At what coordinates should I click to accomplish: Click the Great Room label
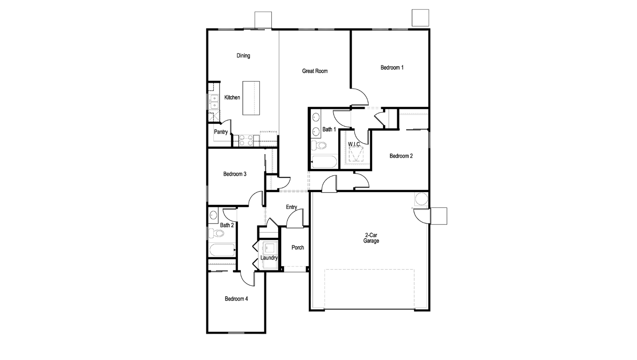coord(315,71)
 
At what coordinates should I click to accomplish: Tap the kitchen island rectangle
coord(251,98)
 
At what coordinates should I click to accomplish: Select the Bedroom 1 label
coord(392,68)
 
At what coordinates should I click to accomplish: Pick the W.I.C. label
coord(355,144)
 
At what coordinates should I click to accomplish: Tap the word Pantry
coord(221,132)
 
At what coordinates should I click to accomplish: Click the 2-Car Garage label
coord(371,238)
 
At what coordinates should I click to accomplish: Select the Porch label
coord(298,247)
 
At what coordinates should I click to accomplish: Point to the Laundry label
coord(269,258)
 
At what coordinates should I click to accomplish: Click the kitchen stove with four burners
coord(246,140)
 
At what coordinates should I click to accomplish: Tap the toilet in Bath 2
coord(216,233)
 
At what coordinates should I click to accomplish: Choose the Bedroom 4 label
coord(236,299)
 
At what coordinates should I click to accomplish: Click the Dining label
coord(243,56)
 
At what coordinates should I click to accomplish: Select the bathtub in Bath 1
coord(324,162)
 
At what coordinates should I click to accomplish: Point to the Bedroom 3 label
coord(235,174)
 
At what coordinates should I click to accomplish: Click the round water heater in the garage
coord(421,199)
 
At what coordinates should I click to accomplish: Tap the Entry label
coord(291,207)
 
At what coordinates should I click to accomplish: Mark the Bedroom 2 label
coord(401,156)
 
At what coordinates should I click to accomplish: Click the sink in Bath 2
coord(213,216)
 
